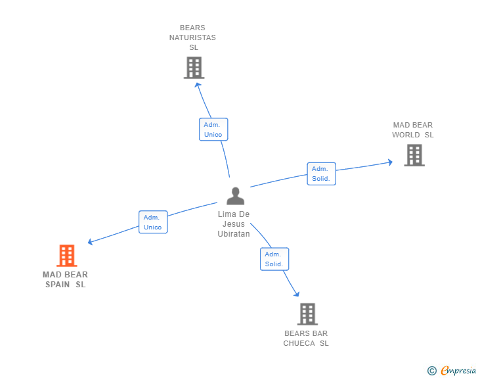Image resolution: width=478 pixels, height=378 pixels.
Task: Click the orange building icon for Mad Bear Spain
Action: coord(66,255)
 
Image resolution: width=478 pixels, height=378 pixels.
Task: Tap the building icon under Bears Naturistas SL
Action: coord(194,68)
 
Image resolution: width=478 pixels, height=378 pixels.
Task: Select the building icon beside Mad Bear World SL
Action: coord(414,155)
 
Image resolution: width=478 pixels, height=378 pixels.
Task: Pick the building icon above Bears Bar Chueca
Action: coord(307,314)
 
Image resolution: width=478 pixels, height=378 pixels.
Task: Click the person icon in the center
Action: coord(235,196)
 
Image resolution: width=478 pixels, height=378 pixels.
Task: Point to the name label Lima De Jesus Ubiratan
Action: coord(234,224)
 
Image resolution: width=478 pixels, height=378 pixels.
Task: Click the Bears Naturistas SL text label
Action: coord(192,37)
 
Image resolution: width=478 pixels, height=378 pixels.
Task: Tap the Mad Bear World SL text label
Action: coord(413,130)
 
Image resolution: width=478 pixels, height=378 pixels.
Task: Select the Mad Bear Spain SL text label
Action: coord(66,279)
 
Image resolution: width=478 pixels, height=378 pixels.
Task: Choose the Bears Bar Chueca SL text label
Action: coord(306,339)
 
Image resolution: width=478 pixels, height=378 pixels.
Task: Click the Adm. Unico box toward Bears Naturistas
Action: coord(213,130)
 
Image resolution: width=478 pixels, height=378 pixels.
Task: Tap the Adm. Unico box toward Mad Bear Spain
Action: coord(153,222)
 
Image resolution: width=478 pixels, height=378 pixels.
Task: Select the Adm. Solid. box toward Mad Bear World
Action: coord(321,174)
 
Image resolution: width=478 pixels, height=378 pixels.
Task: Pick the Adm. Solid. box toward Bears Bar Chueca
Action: coord(274,259)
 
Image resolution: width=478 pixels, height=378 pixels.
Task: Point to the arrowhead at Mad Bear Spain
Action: coord(91,242)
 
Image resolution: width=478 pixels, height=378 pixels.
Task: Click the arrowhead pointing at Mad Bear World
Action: coord(389,161)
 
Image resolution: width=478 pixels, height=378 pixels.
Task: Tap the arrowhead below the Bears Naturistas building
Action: coord(197,83)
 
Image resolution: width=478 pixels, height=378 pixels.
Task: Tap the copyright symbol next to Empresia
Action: coord(431,371)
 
